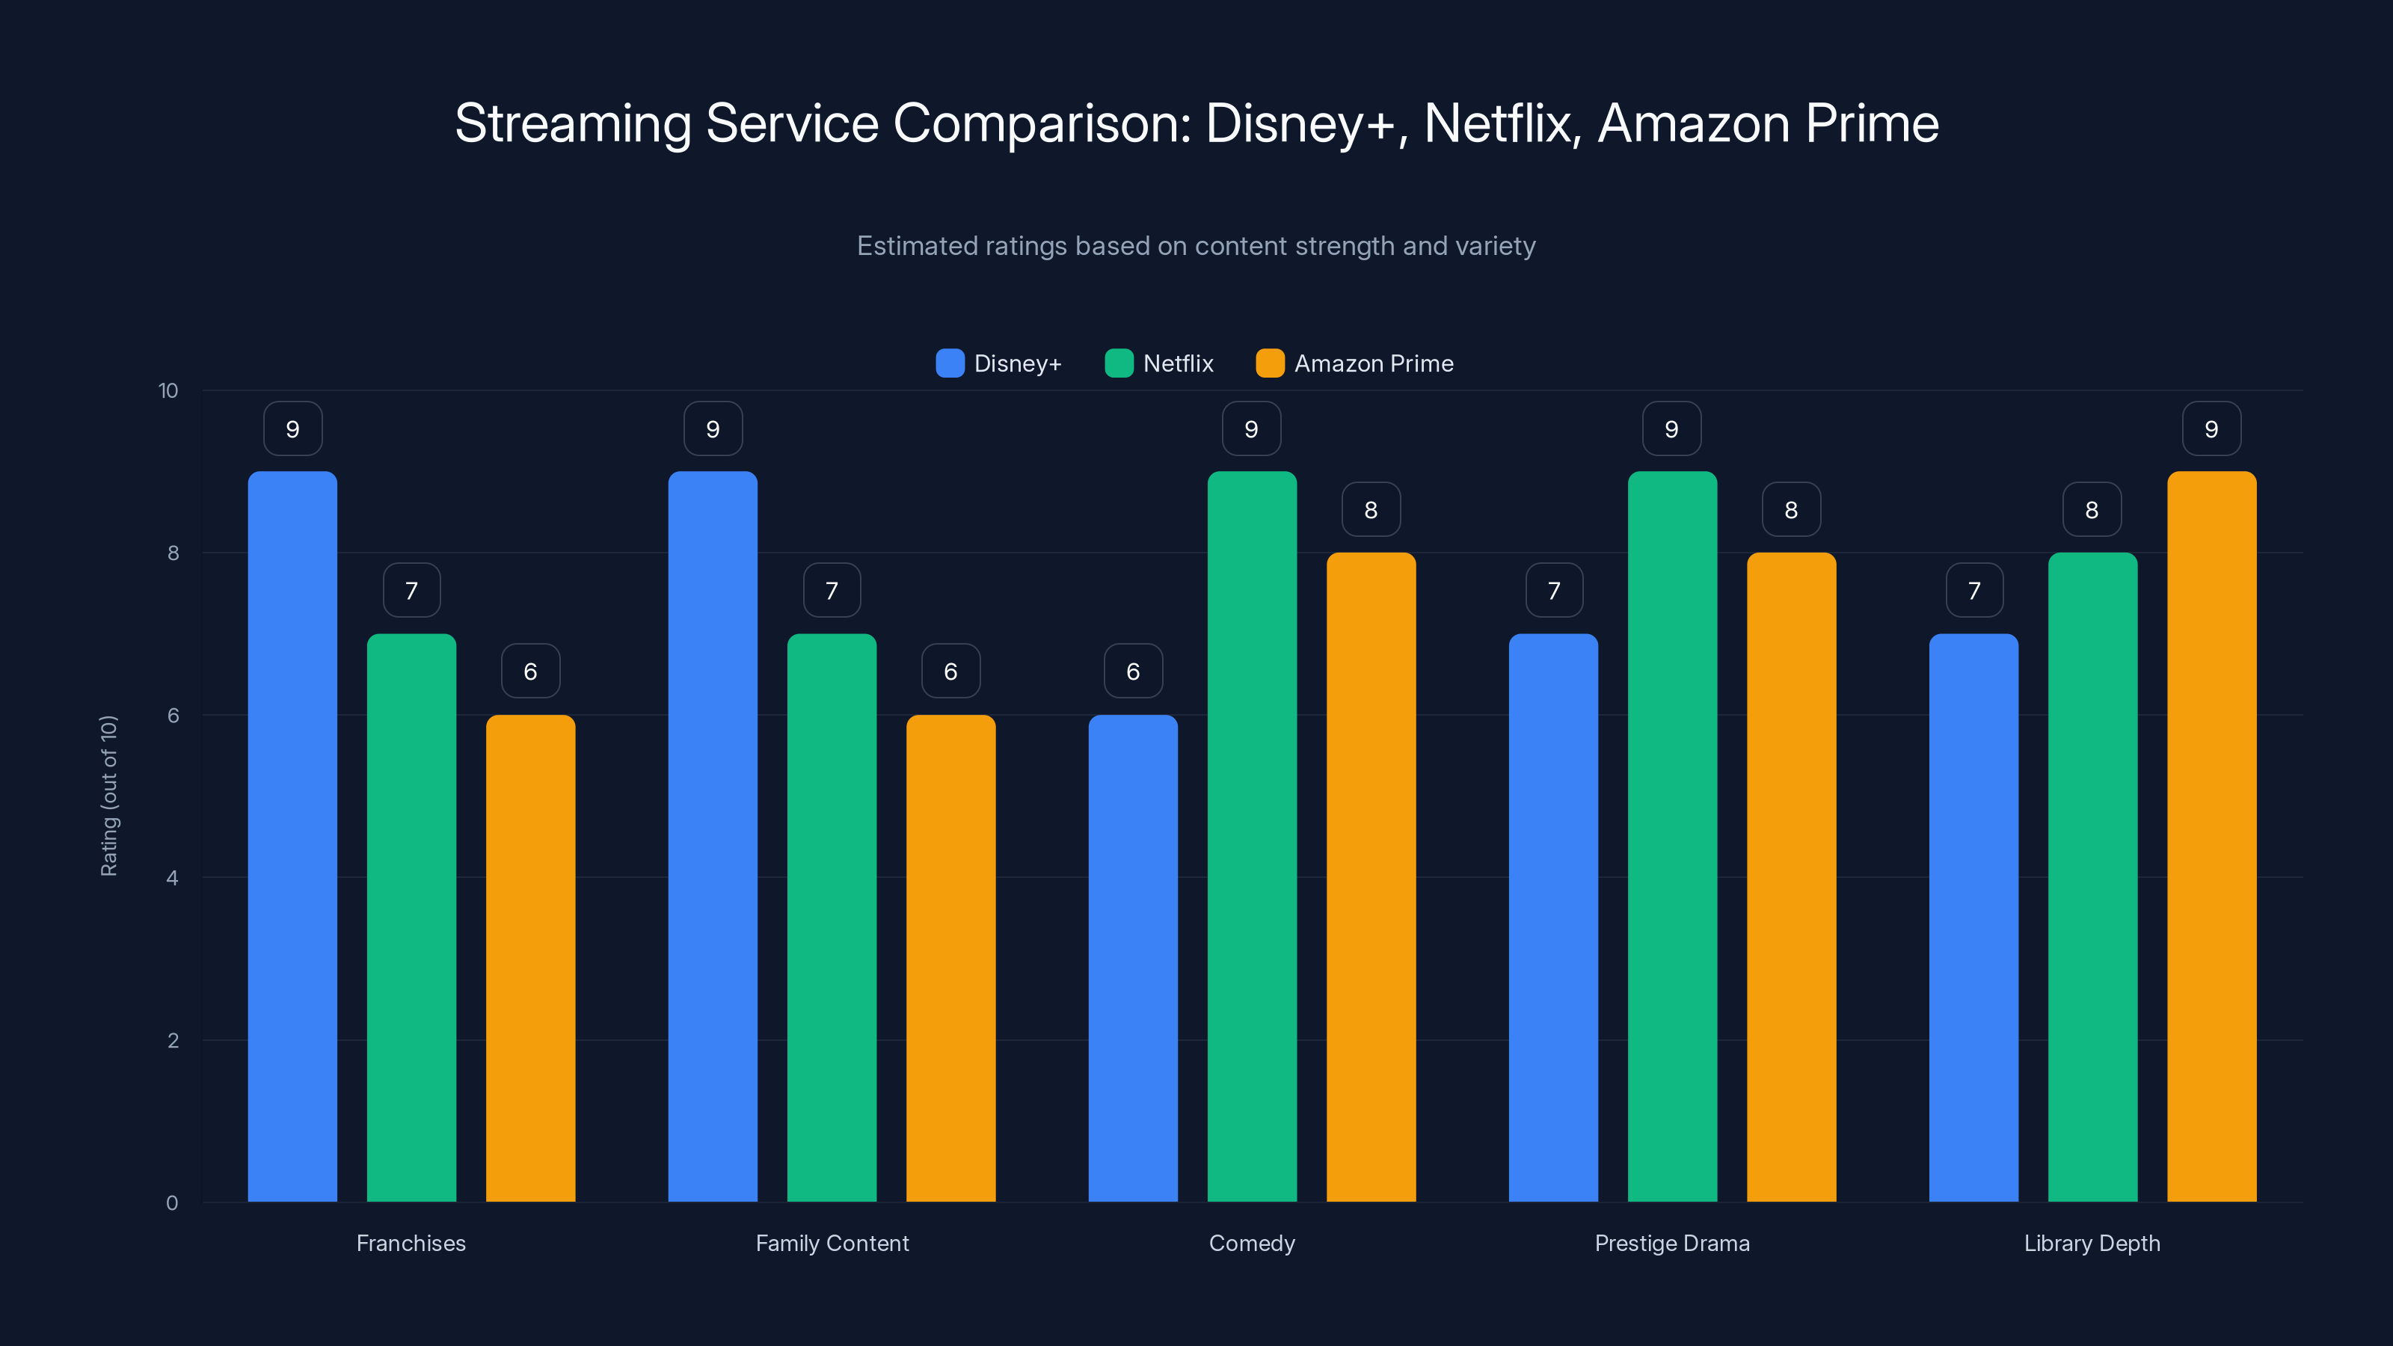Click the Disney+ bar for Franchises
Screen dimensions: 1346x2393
tap(292, 836)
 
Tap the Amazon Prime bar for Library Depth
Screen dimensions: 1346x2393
tap(2211, 836)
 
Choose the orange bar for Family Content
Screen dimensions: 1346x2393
tap(950, 957)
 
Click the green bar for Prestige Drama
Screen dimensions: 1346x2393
tap(1672, 836)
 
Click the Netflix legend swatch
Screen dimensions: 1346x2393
tap(1119, 363)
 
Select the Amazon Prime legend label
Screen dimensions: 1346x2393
tap(1373, 363)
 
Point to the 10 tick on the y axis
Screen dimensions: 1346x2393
tap(168, 390)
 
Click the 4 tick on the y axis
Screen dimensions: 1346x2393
tap(172, 878)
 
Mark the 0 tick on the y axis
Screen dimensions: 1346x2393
tap(172, 1203)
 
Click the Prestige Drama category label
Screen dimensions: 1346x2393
tap(1672, 1243)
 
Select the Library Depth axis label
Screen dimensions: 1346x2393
tap(2092, 1243)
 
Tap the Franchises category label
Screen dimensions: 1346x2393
tap(411, 1243)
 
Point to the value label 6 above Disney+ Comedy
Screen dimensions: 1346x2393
tap(1132, 671)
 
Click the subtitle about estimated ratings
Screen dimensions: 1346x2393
tap(1196, 246)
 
